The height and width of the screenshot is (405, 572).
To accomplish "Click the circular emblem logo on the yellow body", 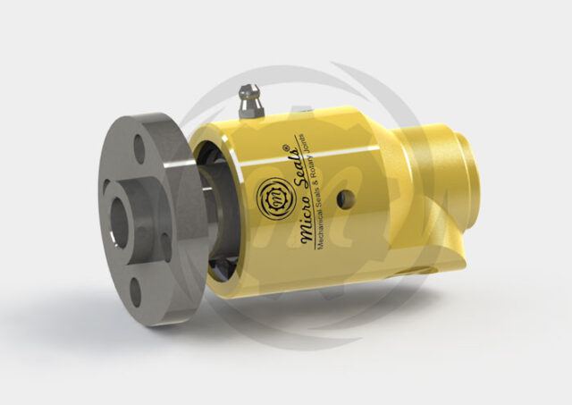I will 269,196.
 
